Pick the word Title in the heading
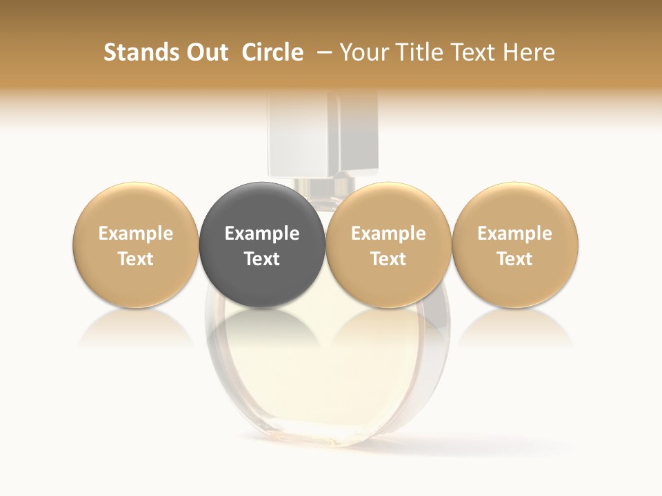[417, 52]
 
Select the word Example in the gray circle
[262, 234]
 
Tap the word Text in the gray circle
[262, 259]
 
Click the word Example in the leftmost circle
[136, 234]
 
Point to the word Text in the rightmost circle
[515, 259]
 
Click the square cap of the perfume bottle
[323, 134]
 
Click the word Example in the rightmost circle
[515, 234]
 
